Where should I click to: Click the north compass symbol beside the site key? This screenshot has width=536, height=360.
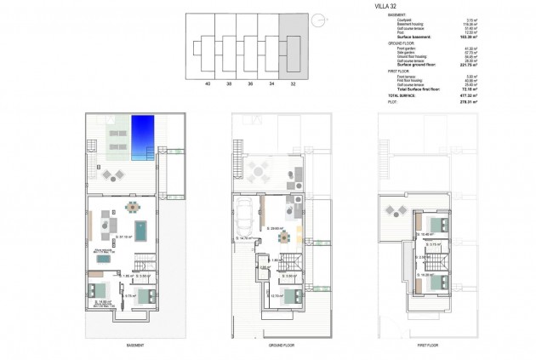[x=317, y=20]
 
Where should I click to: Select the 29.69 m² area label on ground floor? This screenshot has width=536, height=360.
[x=275, y=228]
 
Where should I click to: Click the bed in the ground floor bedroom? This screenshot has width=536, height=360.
[x=290, y=296]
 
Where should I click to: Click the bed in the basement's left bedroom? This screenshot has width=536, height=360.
[x=95, y=291]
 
